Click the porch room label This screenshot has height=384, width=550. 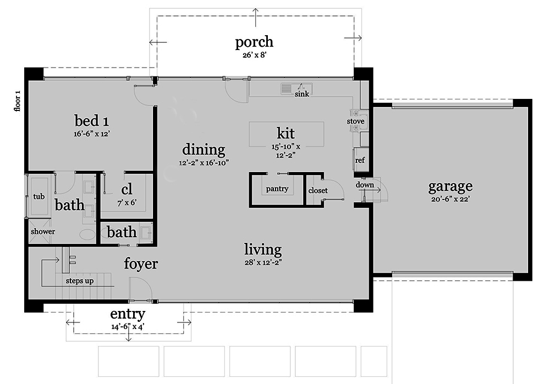pos(254,42)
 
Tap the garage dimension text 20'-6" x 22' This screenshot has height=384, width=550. pos(450,199)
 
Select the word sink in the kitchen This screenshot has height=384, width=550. pos(301,94)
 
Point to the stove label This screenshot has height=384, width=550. pos(355,121)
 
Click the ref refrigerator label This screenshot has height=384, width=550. pos(360,160)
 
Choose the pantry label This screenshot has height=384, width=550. pos(277,189)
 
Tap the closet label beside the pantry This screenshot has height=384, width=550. pos(318,190)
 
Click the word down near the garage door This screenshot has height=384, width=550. pos(365,185)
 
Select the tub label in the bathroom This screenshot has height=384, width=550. pos(39,196)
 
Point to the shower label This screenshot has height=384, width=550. pos(43,231)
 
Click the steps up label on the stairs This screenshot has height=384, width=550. pos(80,281)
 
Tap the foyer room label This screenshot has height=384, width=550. pos(141,264)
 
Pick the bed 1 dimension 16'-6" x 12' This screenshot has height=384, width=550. pos(92,134)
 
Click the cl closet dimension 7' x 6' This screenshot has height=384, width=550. pos(127,203)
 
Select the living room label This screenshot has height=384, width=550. pos(263,249)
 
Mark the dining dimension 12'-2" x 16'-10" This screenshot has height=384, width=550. pos(204,163)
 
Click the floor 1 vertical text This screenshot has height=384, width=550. pos(17,101)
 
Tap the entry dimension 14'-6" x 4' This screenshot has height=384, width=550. pos(128,327)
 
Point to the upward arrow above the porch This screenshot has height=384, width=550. pos(256,18)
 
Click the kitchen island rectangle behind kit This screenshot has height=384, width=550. pos(286,134)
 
